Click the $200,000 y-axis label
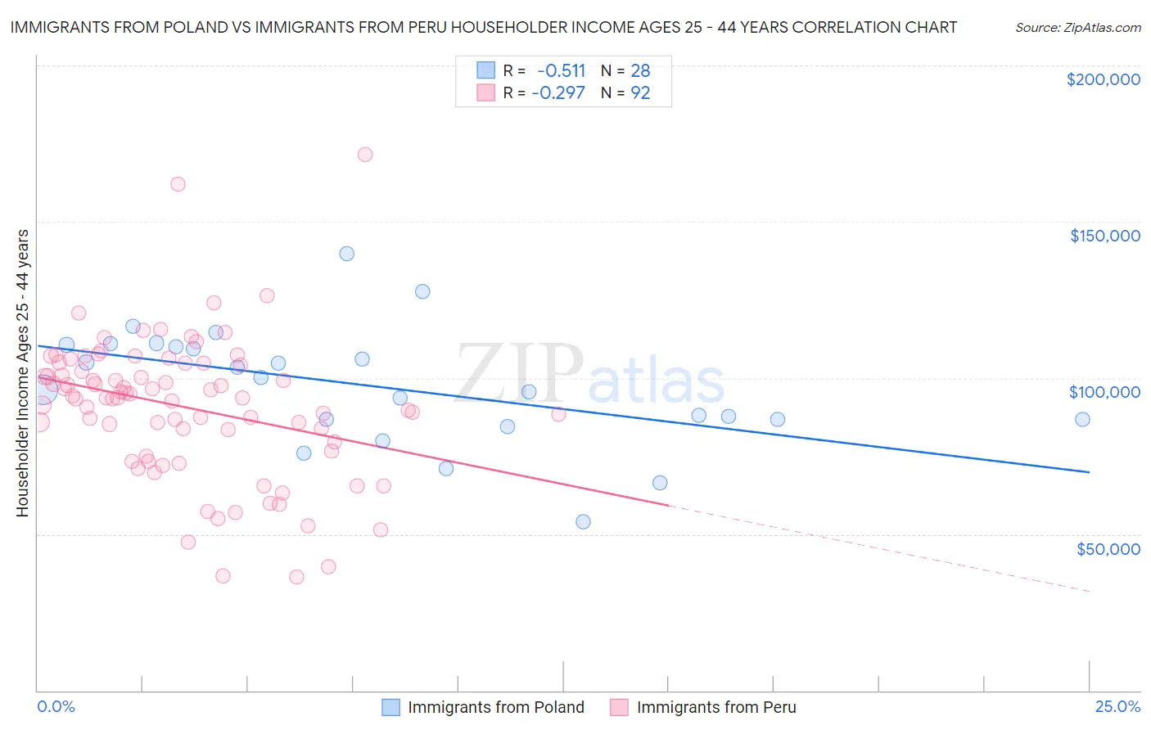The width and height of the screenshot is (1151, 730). [1103, 79]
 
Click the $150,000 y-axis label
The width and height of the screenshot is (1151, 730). [1104, 236]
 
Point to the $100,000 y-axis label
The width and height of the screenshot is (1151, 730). [1104, 392]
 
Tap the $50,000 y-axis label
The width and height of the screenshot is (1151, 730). [1108, 548]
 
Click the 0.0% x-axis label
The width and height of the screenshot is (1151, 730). [56, 706]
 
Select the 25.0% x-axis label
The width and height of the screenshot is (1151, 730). [1117, 706]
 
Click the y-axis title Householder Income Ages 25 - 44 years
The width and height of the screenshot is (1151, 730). [22, 373]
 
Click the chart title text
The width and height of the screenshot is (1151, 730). [483, 27]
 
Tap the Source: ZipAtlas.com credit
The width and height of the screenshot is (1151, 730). [1077, 28]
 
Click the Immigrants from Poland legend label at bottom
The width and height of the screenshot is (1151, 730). [495, 707]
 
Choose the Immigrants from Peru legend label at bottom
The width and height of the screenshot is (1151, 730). [715, 707]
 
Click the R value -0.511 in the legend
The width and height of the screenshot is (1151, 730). [562, 70]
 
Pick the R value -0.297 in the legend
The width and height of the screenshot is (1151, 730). [558, 92]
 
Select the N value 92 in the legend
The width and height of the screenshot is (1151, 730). [640, 92]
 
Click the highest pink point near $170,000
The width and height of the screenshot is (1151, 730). [365, 155]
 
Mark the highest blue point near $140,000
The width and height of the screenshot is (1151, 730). [347, 254]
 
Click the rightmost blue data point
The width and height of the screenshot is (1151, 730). [1082, 419]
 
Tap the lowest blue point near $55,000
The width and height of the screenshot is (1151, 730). [583, 521]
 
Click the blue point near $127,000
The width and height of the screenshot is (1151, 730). [422, 291]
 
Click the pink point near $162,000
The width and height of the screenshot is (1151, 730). [178, 184]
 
